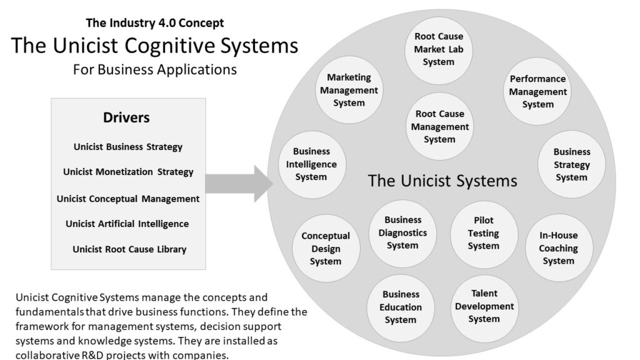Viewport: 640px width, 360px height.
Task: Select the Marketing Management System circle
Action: coord(349,90)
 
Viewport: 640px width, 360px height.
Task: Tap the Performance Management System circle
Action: coord(537,92)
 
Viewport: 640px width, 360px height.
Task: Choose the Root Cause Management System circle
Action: coord(439,127)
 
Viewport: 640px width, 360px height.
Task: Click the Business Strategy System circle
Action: coord(571,164)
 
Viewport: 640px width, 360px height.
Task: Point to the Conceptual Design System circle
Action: coord(326,248)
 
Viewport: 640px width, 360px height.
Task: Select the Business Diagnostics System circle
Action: coord(403,232)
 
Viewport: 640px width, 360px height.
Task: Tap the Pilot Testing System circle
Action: coord(484,233)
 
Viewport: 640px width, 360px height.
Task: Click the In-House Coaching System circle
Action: coord(558,248)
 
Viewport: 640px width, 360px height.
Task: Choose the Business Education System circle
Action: coord(401,307)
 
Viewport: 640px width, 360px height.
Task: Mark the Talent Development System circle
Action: coord(484,306)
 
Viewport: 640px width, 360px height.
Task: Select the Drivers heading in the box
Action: coord(126,117)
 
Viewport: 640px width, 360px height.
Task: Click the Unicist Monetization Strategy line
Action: coord(128,172)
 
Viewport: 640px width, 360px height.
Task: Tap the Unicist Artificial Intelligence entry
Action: coord(127,224)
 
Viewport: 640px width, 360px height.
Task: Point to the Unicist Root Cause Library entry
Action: coord(129,249)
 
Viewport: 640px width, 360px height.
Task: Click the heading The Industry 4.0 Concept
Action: coord(154,23)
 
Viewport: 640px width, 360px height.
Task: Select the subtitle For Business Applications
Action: coord(154,69)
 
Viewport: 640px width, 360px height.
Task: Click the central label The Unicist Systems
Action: coord(442,181)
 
